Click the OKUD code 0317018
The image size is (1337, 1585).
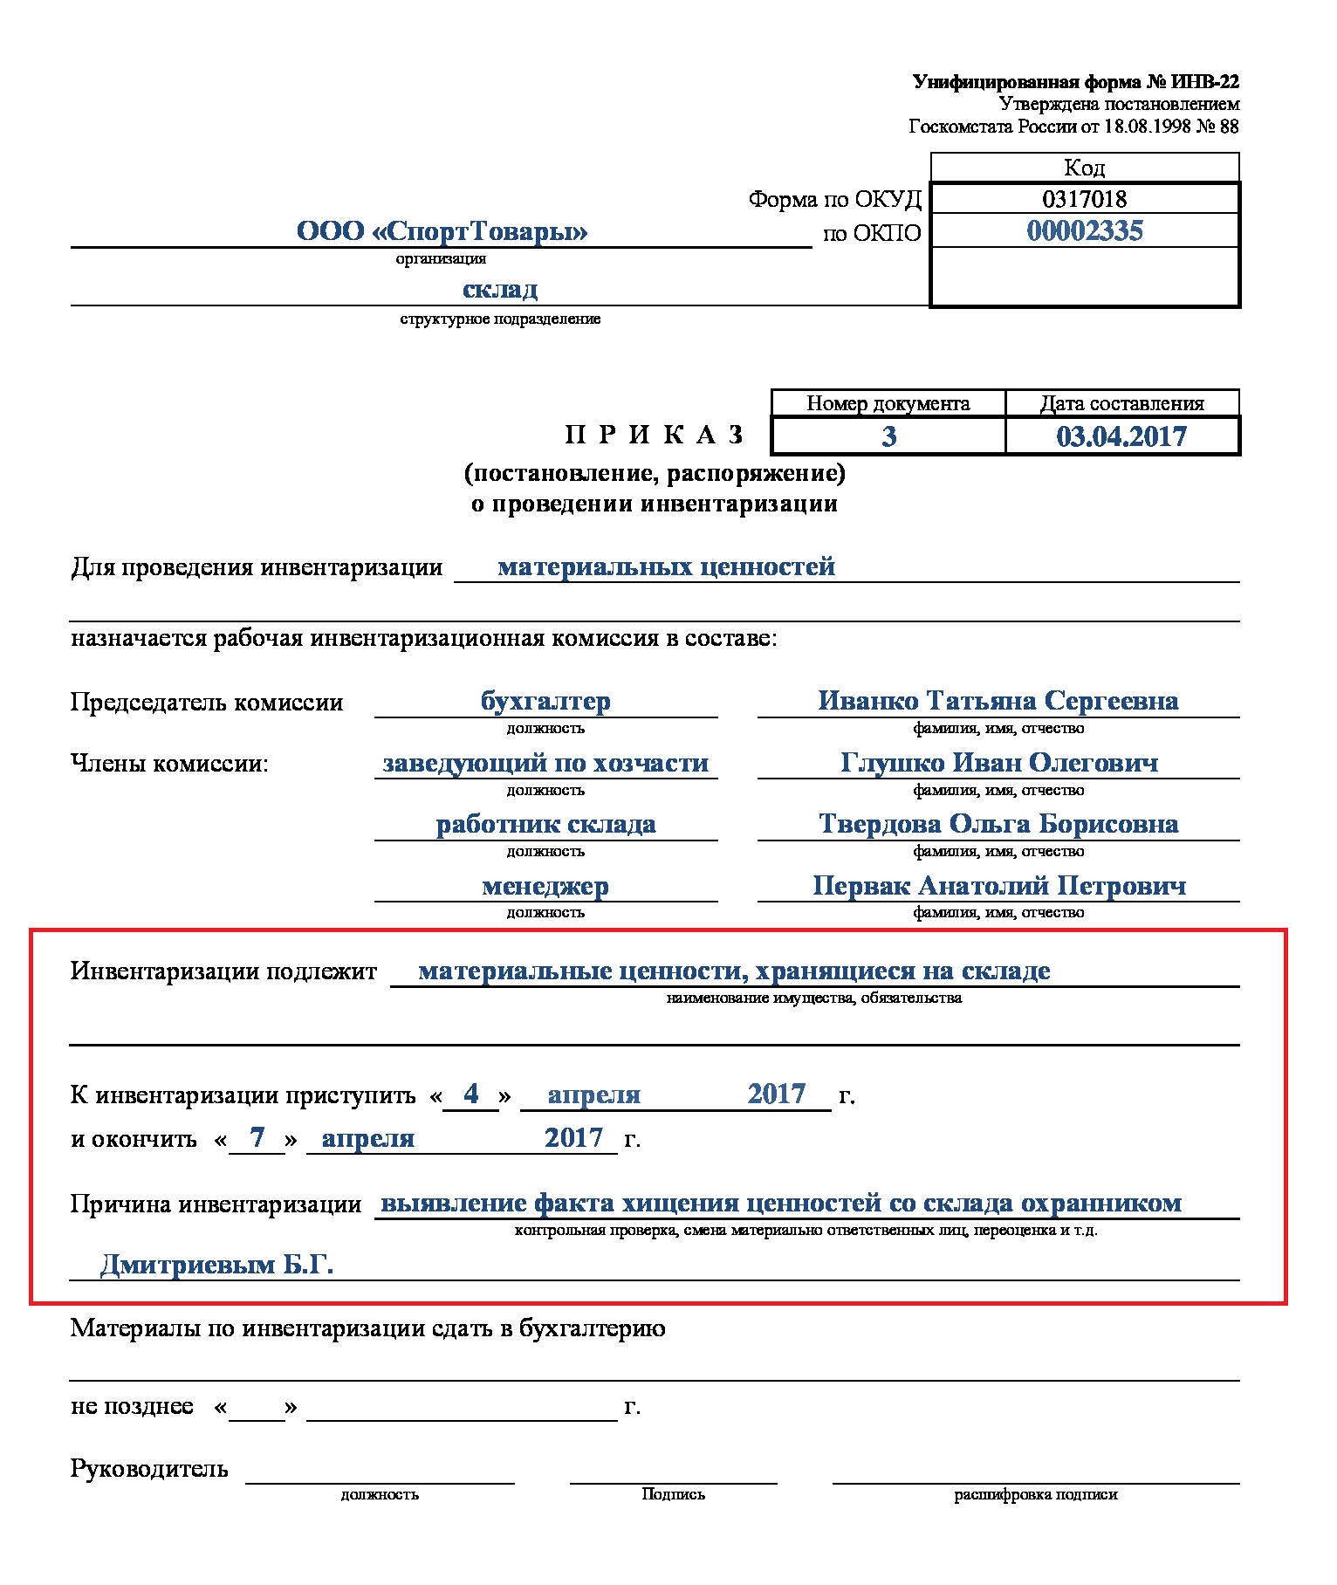(1084, 199)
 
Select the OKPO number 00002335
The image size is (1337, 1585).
(1084, 231)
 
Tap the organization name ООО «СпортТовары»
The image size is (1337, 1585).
(442, 231)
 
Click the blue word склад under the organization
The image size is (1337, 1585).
(499, 289)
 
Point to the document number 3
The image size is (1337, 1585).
(888, 436)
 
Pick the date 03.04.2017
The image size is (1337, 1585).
(1121, 436)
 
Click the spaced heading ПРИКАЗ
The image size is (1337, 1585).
(655, 435)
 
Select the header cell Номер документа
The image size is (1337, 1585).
(888, 403)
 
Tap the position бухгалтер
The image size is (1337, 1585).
(545, 701)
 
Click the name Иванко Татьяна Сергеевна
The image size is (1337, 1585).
(998, 701)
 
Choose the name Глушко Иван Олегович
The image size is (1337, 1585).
(999, 763)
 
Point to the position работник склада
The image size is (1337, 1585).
(545, 824)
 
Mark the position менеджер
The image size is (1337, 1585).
(545, 886)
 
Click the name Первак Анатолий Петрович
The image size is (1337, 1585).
(999, 886)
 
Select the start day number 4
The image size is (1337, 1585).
(471, 1094)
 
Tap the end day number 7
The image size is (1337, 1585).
(257, 1137)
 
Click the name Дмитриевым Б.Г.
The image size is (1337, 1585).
(217, 1264)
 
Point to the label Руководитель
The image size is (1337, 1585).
(149, 1469)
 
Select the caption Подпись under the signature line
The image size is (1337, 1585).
(673, 1494)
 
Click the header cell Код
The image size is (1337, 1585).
(1084, 168)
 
